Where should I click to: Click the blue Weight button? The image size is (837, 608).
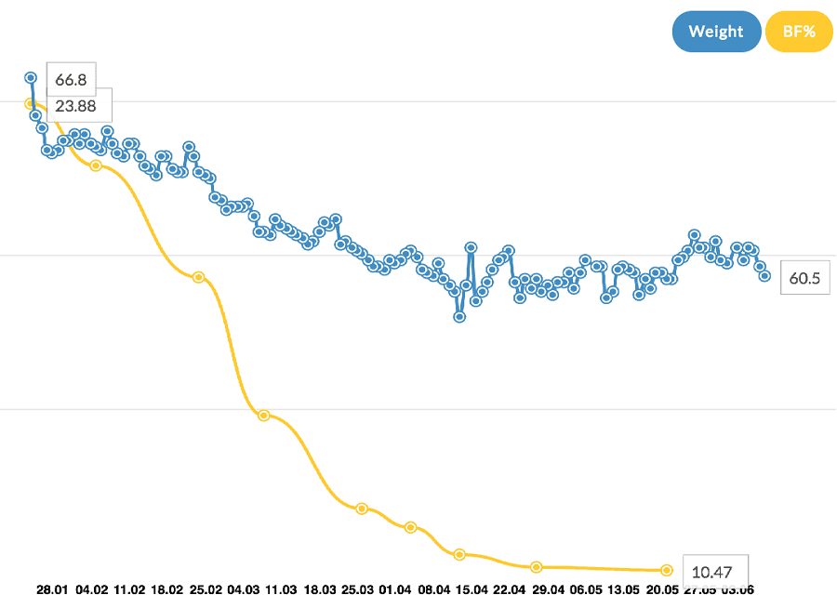(716, 32)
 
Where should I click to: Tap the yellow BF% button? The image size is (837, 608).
(799, 32)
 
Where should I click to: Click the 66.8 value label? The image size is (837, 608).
(71, 80)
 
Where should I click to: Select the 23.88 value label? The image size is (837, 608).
(75, 105)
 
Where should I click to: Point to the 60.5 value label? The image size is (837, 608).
(805, 278)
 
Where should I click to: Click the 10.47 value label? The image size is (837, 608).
(715, 570)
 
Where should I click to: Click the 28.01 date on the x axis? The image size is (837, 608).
(52, 589)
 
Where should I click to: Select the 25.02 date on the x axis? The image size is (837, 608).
(205, 589)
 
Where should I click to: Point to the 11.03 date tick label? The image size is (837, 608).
(281, 589)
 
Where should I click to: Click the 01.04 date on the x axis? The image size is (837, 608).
(395, 589)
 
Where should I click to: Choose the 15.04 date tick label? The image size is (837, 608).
(472, 589)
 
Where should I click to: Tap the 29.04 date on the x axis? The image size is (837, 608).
(548, 589)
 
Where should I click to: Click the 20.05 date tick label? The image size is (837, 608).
(661, 589)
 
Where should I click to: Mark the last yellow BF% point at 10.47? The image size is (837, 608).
(667, 570)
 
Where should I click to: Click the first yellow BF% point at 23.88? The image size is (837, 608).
(30, 103)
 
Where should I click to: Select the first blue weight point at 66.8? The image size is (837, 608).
(31, 77)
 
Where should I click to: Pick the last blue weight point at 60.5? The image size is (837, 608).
(765, 275)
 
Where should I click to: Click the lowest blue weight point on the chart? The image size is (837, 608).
(459, 317)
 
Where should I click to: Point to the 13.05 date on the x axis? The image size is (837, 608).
(623, 589)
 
